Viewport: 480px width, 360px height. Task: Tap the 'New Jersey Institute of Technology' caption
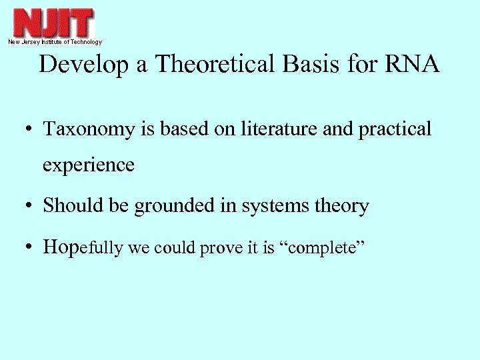[55, 42]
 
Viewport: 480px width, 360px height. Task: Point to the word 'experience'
[89, 165]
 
